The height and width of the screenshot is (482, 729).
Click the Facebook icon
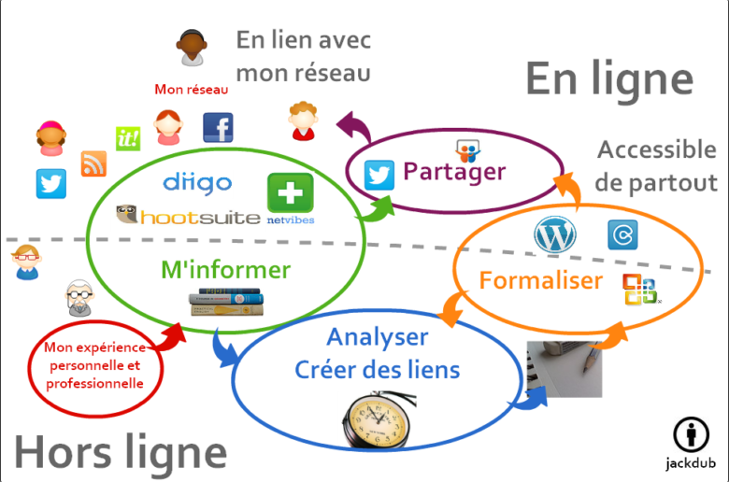click(x=218, y=128)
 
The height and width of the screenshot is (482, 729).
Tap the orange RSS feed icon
click(x=93, y=163)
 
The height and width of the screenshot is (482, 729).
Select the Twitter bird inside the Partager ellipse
click(x=379, y=175)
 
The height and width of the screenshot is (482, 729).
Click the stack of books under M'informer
click(x=226, y=303)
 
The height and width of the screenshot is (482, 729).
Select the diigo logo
click(x=197, y=182)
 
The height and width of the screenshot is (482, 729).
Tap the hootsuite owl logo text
click(x=188, y=217)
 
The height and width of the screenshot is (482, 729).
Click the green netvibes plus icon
click(x=290, y=193)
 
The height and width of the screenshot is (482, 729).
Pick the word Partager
click(x=454, y=172)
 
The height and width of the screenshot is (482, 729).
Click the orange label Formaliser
click(x=541, y=280)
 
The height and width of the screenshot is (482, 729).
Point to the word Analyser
click(x=378, y=337)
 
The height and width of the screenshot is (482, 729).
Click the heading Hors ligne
click(x=121, y=453)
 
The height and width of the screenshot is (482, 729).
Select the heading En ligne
click(x=608, y=78)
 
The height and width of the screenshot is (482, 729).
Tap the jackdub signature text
click(x=691, y=462)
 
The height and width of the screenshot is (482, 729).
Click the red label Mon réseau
click(x=192, y=90)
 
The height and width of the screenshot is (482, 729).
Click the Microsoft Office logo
click(x=641, y=291)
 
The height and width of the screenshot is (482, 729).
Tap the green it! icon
click(x=127, y=139)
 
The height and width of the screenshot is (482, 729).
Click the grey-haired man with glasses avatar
click(x=79, y=298)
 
